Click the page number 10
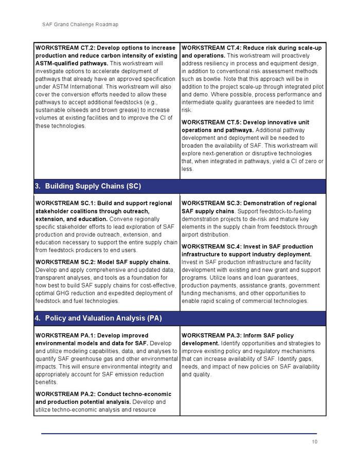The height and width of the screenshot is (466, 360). pos(314,442)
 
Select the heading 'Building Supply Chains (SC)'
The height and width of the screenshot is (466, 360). pos(93,186)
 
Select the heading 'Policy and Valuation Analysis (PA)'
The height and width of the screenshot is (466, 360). pos(103,318)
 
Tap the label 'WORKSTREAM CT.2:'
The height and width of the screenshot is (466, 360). pos(64,48)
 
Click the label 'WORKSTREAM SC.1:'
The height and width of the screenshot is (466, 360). pos(64,203)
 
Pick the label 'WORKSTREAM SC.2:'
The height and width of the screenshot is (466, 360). pos(64,262)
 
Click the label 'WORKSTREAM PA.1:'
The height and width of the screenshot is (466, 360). pos(64,335)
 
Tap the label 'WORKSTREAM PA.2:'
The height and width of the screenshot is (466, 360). pos(64,394)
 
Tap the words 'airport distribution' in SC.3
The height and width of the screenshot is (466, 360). pos(206,235)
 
